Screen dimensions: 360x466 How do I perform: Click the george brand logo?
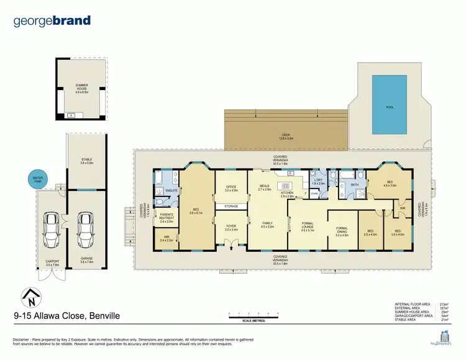pyautogui.click(x=52, y=21)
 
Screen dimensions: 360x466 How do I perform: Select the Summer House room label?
pyautogui.click(x=82, y=88)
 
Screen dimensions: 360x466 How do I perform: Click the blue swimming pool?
pyautogui.click(x=390, y=104)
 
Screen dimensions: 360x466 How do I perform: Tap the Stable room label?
pyautogui.click(x=86, y=161)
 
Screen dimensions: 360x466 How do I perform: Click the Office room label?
pyautogui.click(x=231, y=188)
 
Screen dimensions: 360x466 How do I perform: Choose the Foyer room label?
pyautogui.click(x=231, y=228)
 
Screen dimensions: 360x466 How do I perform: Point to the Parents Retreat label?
pyautogui.click(x=165, y=218)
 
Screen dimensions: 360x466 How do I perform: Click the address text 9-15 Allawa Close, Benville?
pyautogui.click(x=66, y=316)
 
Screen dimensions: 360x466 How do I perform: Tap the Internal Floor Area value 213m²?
pyautogui.click(x=444, y=304)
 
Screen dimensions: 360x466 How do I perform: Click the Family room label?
pyautogui.click(x=268, y=224)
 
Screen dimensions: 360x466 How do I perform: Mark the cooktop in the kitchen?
pyautogui.click(x=286, y=185)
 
